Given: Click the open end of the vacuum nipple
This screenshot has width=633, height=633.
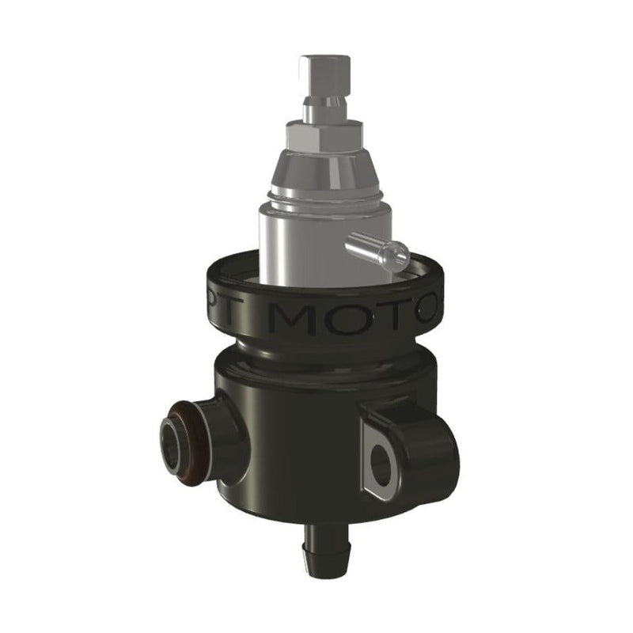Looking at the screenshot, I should click(400, 255).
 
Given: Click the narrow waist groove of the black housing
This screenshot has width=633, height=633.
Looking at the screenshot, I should click(316, 353).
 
